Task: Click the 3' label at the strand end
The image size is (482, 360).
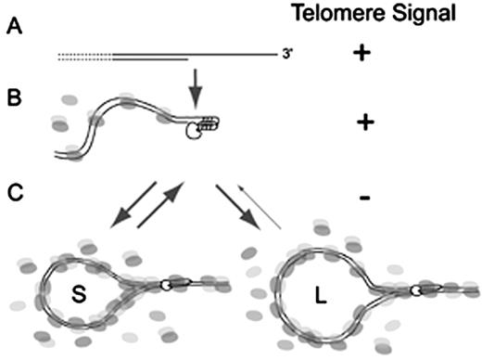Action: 298,56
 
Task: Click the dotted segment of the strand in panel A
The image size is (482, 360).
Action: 83,58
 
